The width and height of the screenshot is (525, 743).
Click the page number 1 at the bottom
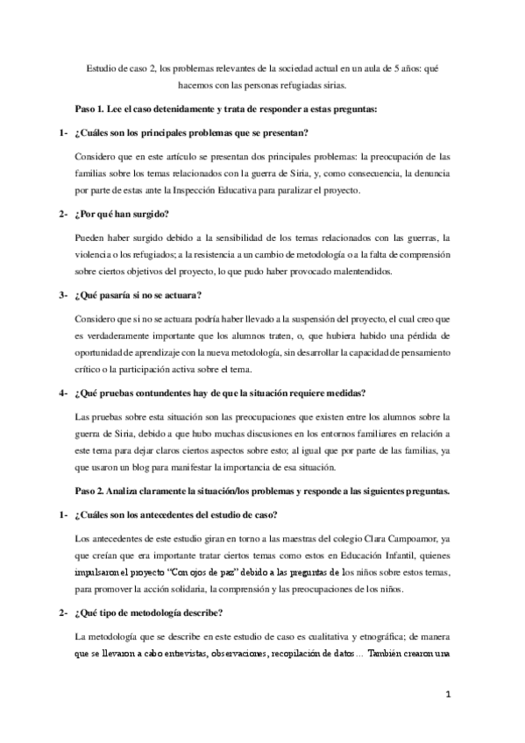tap(447, 696)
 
